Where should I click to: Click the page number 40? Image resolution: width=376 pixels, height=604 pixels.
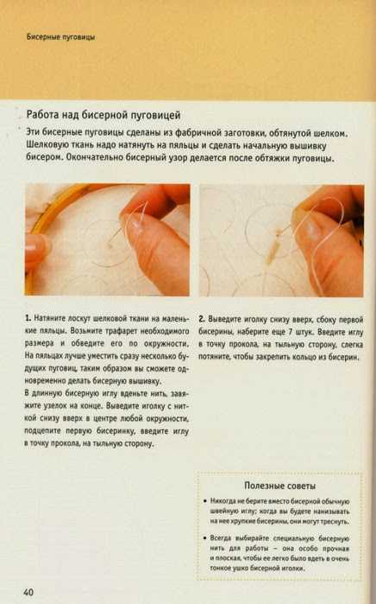pyautogui.click(x=28, y=592)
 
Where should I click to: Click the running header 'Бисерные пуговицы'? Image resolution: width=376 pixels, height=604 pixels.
pyautogui.click(x=60, y=37)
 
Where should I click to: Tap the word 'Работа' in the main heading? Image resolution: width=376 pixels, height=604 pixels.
pyautogui.click(x=42, y=115)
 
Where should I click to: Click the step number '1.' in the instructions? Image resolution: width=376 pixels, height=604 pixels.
pyautogui.click(x=28, y=318)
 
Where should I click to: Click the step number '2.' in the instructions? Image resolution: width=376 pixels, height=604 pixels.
pyautogui.click(x=202, y=320)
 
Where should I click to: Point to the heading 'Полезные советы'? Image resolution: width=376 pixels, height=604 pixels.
pyautogui.click(x=280, y=486)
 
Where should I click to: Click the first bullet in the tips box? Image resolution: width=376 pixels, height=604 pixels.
pyautogui.click(x=205, y=501)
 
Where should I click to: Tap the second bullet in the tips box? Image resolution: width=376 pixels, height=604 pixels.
pyautogui.click(x=205, y=537)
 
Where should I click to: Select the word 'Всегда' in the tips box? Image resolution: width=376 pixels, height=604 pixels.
pyautogui.click(x=220, y=538)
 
